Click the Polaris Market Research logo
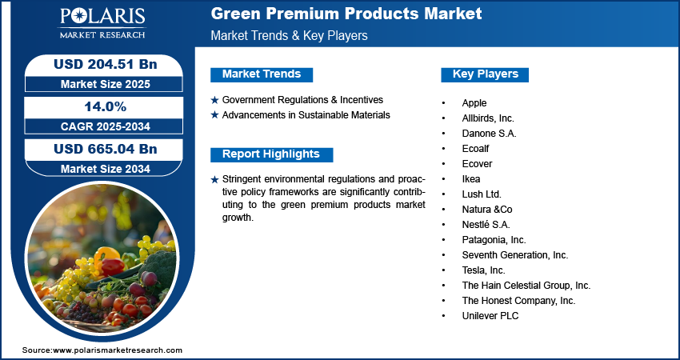102,23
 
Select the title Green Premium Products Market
346,14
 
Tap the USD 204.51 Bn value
105,64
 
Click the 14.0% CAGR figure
106,106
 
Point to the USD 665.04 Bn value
105,149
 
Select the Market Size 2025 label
106,84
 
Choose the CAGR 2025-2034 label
106,126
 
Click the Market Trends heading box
262,74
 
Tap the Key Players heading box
485,74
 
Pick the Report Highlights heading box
271,154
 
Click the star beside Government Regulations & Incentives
214,100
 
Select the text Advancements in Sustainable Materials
306,115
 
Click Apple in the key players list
474,103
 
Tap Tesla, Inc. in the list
483,270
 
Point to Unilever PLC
490,316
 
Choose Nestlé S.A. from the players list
486,225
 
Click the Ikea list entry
471,178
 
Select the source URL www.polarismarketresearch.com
118,350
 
